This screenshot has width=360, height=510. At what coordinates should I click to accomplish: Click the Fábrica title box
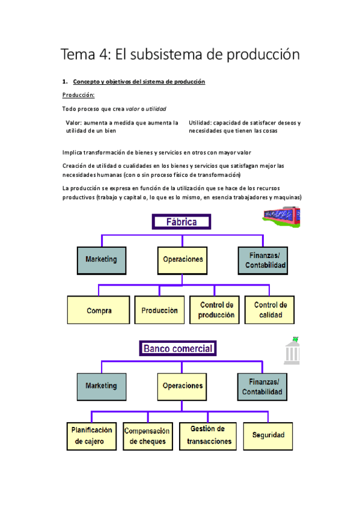tap(182, 222)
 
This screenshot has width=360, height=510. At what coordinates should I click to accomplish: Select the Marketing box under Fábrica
tap(101, 260)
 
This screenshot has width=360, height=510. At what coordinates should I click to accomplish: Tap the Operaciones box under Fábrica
tap(183, 260)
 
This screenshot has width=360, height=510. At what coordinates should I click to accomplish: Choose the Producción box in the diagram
tap(159, 311)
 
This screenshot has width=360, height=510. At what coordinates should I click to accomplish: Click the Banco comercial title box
tap(177, 348)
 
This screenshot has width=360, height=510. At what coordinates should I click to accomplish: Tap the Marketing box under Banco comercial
tap(101, 386)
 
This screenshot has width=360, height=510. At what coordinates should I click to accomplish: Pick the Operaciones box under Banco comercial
tap(183, 386)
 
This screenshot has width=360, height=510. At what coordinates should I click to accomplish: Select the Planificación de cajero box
tap(91, 435)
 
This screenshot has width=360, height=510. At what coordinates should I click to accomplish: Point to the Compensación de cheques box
tap(147, 435)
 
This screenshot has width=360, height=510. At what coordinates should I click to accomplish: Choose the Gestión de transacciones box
tap(208, 435)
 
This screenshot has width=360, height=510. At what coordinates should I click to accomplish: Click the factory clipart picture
tap(281, 217)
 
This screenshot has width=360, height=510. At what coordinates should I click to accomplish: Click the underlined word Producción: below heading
tap(78, 95)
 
